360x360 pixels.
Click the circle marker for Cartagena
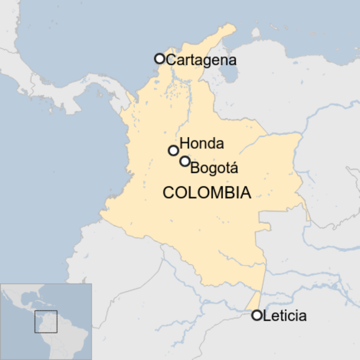(x=159, y=59)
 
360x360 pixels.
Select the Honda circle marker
(x=173, y=150)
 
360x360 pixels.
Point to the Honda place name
(x=202, y=143)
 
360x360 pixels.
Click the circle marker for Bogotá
(x=185, y=161)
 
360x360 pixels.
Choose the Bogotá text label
(x=214, y=169)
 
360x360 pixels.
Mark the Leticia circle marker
(x=257, y=315)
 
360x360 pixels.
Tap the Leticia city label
(x=285, y=315)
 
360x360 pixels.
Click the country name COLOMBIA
(x=207, y=193)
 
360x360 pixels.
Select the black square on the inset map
(x=46, y=321)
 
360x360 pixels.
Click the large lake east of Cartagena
(x=229, y=72)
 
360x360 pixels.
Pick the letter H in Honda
(x=185, y=143)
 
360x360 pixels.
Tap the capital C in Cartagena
(x=171, y=60)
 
